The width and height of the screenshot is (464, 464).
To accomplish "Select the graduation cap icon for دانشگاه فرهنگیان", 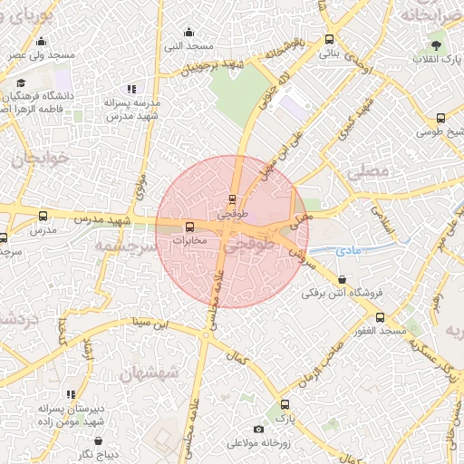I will tap(20, 83).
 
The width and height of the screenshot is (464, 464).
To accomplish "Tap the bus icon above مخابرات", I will tap(189, 227).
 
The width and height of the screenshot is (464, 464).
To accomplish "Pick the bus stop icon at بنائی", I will tap(329, 40).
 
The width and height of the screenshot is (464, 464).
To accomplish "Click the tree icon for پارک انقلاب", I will tap(438, 44).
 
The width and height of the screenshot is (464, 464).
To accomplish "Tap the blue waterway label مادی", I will tap(347, 249).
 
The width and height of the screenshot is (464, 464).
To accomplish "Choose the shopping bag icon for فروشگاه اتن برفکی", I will tap(342, 280).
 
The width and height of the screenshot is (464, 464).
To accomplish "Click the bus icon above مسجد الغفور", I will tap(380, 317).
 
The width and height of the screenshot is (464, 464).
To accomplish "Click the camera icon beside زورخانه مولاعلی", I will tap(259, 429).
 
